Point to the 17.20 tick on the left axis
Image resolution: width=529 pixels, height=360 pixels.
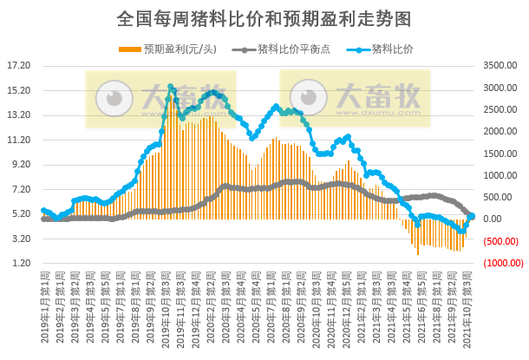18,66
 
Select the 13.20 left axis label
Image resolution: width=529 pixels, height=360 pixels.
18,115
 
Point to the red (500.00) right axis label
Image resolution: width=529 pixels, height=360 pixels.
502,242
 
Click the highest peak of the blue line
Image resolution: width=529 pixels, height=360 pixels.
171,87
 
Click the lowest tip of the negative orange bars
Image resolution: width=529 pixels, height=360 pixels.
418,254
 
